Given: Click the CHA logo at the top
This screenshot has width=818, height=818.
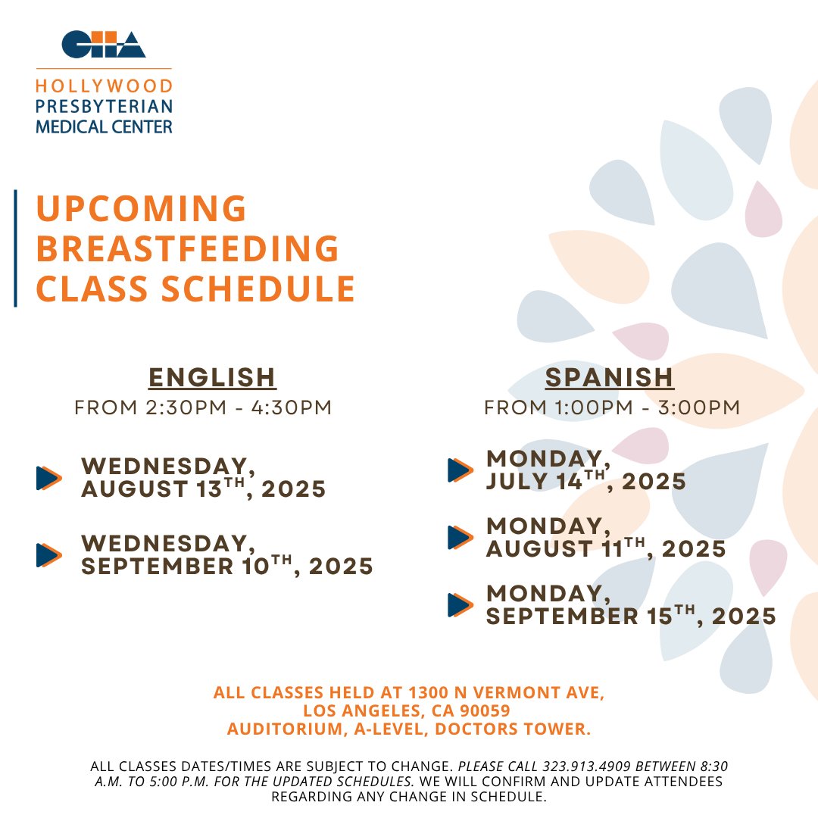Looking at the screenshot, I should tap(103, 44).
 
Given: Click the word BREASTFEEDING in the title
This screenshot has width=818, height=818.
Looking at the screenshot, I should tap(188, 248).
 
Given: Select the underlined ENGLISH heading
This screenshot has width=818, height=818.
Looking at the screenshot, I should tap(212, 376).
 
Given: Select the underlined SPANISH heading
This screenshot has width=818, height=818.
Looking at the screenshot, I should tap(609, 376).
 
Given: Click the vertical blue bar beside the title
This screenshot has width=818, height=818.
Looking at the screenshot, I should tap(15, 248).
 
